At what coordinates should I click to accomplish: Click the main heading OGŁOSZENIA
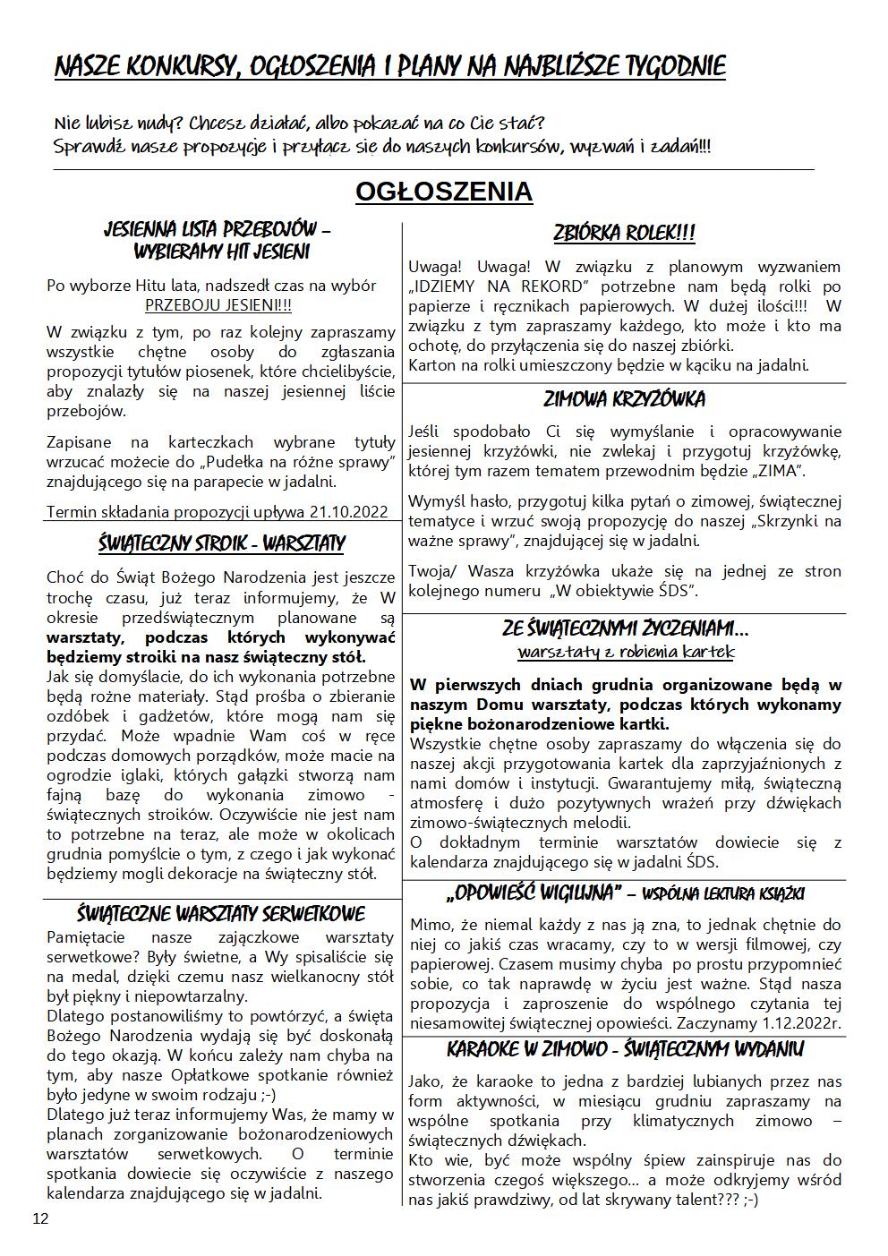[x=444, y=192]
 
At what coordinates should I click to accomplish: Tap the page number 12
[x=40, y=1218]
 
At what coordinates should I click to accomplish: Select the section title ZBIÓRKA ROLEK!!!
[x=624, y=234]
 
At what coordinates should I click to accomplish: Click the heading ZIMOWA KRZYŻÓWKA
[x=624, y=399]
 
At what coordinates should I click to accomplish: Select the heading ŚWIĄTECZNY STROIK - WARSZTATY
[x=221, y=544]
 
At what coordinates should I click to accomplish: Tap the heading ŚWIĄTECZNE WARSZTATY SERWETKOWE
[x=221, y=914]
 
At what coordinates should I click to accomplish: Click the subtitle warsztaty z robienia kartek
[x=625, y=652]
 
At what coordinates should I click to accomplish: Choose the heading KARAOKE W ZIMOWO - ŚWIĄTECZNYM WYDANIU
[x=625, y=1049]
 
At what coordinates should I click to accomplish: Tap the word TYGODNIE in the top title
[x=668, y=67]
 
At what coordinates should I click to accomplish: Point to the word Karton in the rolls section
[x=431, y=364]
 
